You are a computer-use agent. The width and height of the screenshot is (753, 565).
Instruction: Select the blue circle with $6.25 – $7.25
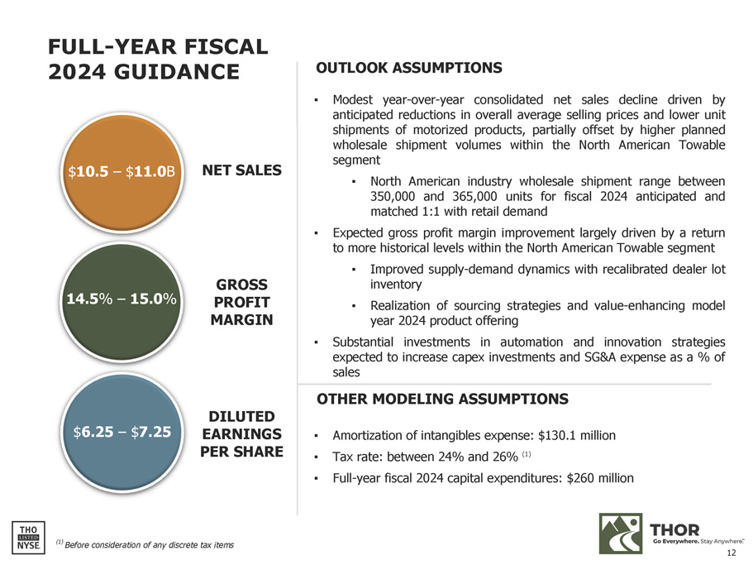[x=122, y=431]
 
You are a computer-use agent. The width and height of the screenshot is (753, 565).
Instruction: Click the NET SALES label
[x=245, y=170]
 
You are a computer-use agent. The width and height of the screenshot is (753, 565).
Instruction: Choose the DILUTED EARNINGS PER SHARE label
[x=241, y=434]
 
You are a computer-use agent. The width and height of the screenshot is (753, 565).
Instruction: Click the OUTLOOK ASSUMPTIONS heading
[x=409, y=67]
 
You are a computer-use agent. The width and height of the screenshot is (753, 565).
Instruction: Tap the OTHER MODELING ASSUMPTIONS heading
[x=442, y=400]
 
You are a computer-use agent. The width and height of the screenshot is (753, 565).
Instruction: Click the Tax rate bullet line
[x=430, y=457]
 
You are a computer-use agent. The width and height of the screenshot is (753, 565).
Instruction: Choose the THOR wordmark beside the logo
[x=675, y=529]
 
